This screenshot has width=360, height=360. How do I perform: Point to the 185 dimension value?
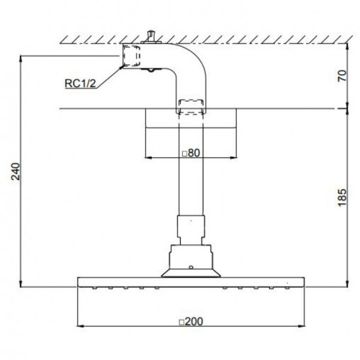[x=343, y=197]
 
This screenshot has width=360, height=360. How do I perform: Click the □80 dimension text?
[x=190, y=153]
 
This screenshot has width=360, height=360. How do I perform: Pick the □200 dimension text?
[x=190, y=321]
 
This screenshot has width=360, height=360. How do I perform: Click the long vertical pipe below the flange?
[x=191, y=174]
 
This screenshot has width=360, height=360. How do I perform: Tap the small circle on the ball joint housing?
[x=191, y=266]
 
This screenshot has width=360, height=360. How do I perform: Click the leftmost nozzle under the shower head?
[x=96, y=289]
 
